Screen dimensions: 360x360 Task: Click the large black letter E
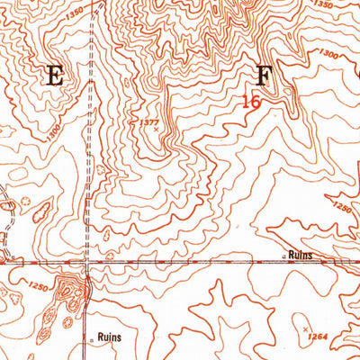[54, 76]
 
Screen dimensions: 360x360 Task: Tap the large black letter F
[265, 75]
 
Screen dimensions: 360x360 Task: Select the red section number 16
[251, 102]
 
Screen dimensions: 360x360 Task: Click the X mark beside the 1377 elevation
[156, 130]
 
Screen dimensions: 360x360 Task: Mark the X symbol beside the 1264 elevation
[306, 328]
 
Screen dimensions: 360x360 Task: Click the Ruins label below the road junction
[107, 338]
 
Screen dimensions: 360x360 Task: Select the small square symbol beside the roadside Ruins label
[284, 256]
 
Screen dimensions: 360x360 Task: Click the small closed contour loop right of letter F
[288, 91]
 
